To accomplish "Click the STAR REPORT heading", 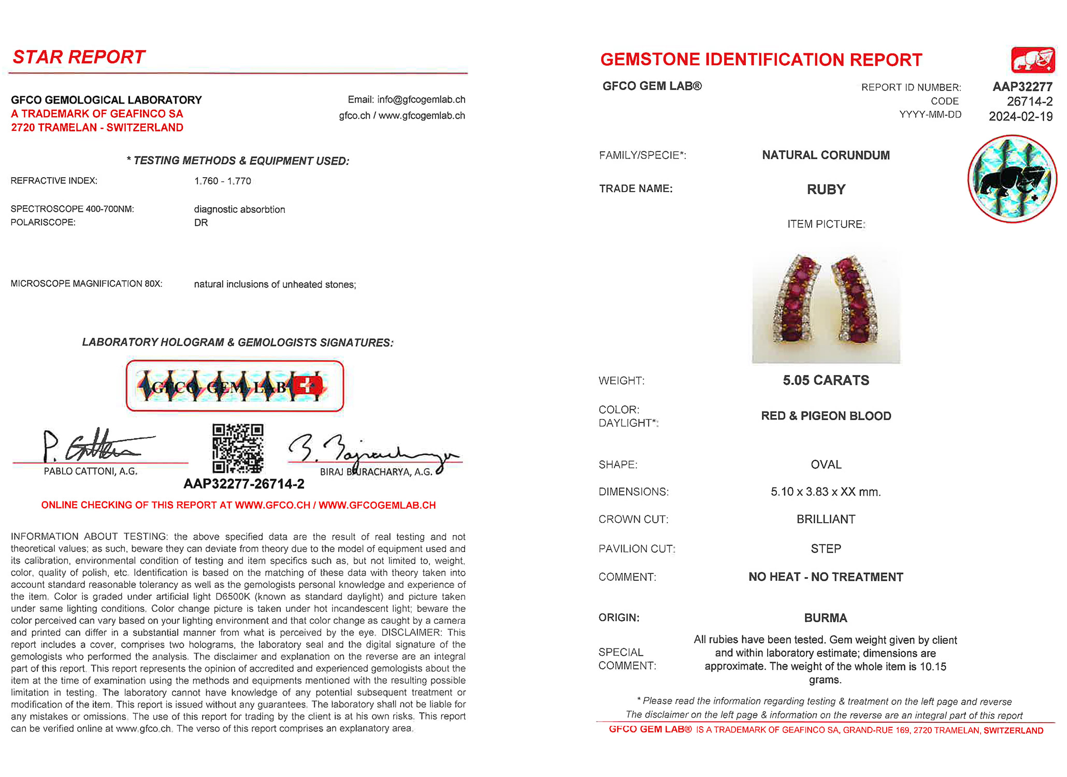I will (x=79, y=57).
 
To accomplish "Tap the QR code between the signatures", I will (x=238, y=448).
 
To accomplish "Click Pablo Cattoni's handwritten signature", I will (x=93, y=445).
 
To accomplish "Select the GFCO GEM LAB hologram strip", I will (x=235, y=386).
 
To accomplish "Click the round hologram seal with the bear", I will (x=1012, y=179).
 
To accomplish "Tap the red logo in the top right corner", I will (x=1033, y=60).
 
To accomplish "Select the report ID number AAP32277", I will (x=1022, y=87).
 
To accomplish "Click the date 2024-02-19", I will (x=1020, y=117).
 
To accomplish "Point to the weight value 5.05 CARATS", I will (x=826, y=381).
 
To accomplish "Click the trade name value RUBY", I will (x=826, y=190).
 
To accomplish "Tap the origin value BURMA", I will (x=826, y=618).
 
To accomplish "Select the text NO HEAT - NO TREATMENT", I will (x=826, y=577).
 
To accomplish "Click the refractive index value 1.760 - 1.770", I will (x=223, y=181).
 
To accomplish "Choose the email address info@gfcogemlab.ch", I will (x=421, y=99).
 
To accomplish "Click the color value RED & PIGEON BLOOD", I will (x=826, y=416).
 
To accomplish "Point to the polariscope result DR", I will (x=201, y=223).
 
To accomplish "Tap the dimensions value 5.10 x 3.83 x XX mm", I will (x=826, y=492).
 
